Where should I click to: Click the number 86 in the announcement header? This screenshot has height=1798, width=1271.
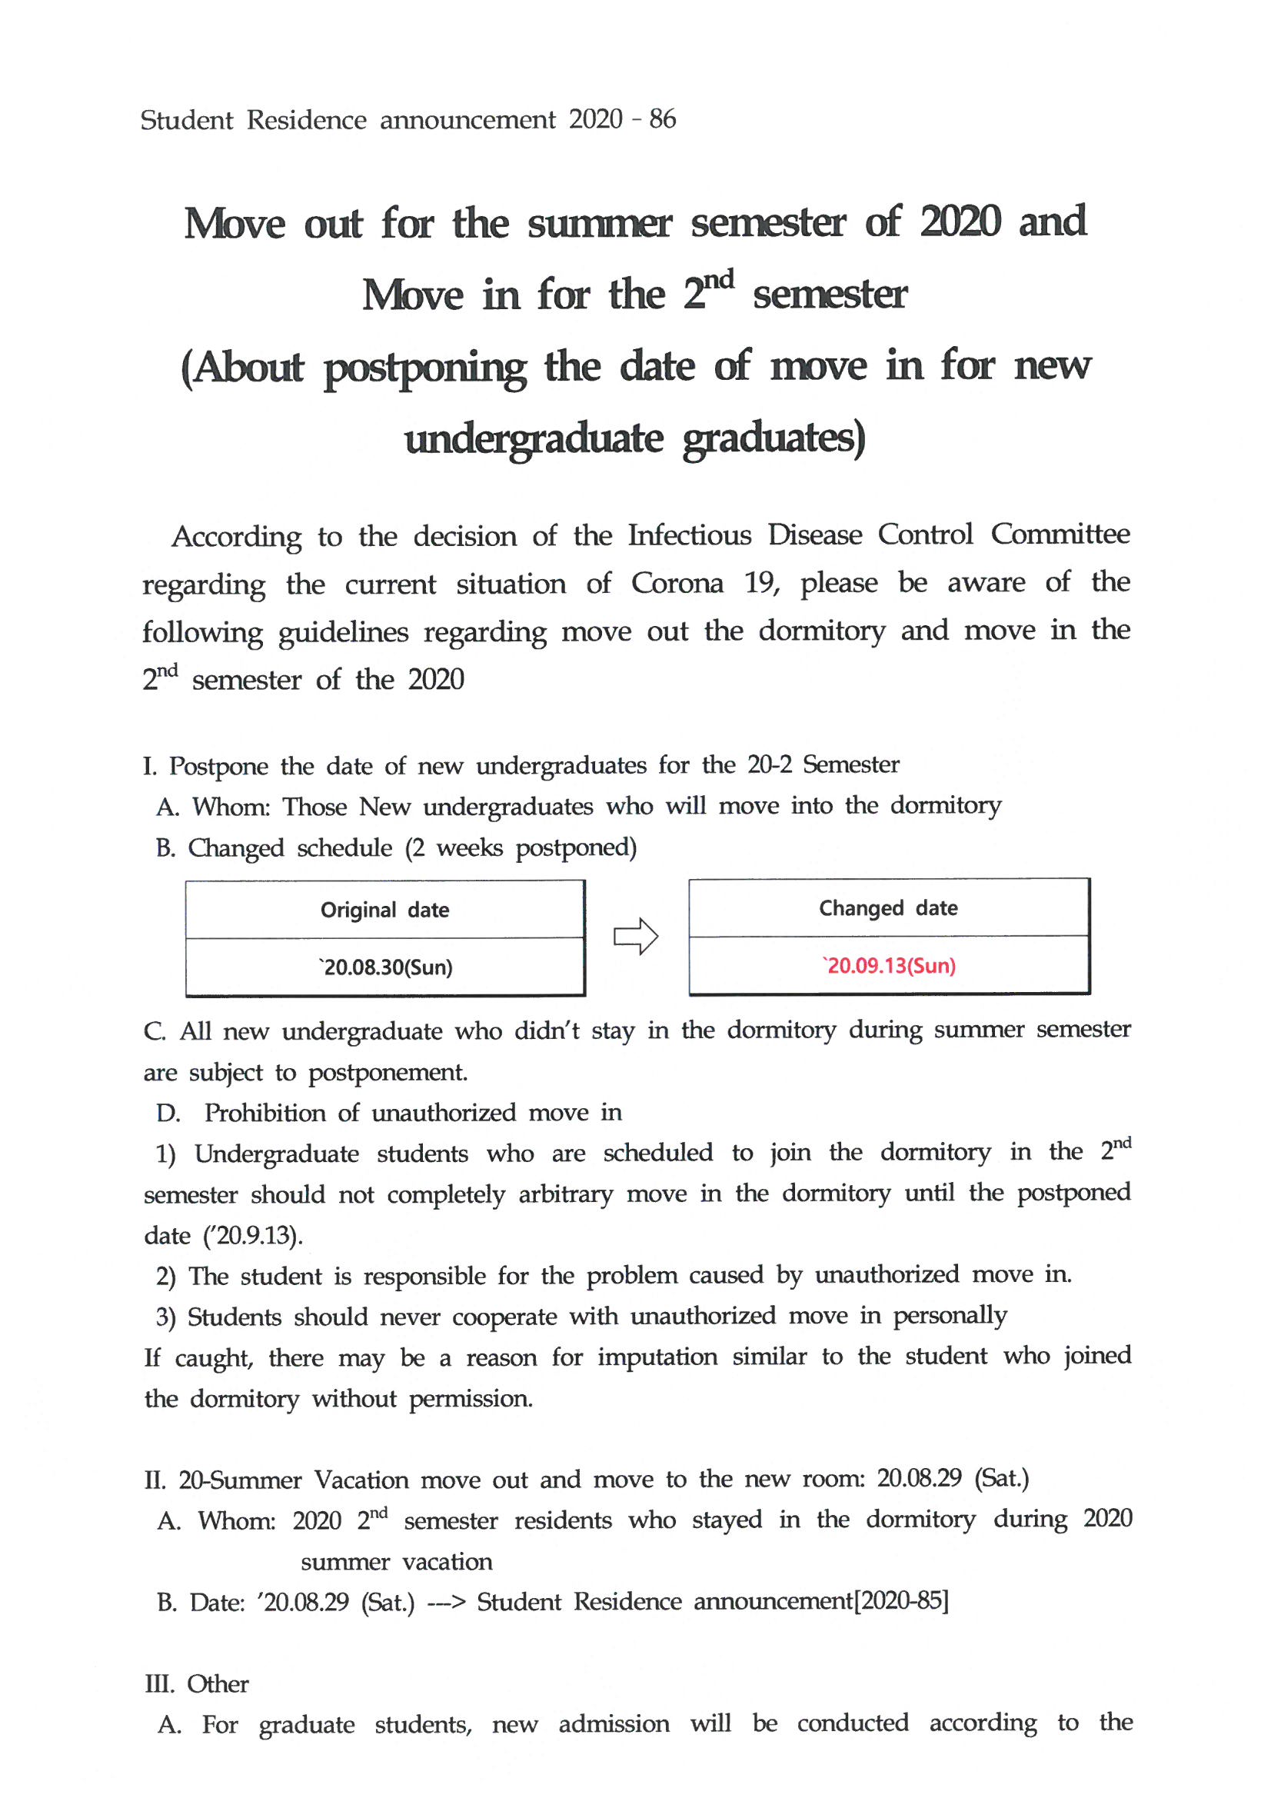point(662,119)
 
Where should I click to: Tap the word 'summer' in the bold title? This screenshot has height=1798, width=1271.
point(598,223)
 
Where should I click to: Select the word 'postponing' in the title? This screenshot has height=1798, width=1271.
point(424,368)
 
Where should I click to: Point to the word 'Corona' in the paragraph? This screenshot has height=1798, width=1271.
point(677,584)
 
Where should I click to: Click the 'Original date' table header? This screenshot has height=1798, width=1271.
point(384,910)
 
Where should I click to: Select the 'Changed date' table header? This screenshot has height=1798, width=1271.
point(888,908)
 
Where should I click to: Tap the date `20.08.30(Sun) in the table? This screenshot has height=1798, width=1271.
point(385,968)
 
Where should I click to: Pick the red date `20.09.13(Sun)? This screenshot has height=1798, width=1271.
point(889,967)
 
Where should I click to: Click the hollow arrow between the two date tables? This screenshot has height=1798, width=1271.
point(635,936)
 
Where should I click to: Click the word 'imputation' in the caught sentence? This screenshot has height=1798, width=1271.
point(657,1357)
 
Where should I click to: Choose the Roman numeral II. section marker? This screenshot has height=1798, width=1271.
point(155,1481)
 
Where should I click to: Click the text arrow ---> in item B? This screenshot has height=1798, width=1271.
point(446,1602)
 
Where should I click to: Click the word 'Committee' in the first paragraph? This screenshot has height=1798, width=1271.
point(1060,534)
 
